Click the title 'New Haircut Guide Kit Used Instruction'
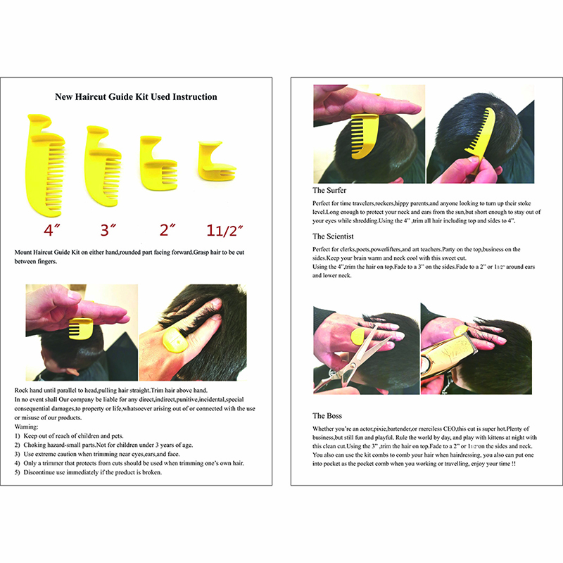[136, 97]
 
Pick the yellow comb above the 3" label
[102, 166]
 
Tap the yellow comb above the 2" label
[158, 163]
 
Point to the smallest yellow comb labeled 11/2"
[215, 161]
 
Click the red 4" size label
[51, 230]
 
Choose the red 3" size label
[108, 230]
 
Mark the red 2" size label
[167, 230]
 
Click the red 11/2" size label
[224, 231]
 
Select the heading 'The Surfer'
[329, 190]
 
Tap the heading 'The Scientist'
[333, 236]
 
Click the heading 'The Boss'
[327, 416]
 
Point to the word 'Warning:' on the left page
[26, 427]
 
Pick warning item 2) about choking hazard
[103, 445]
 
